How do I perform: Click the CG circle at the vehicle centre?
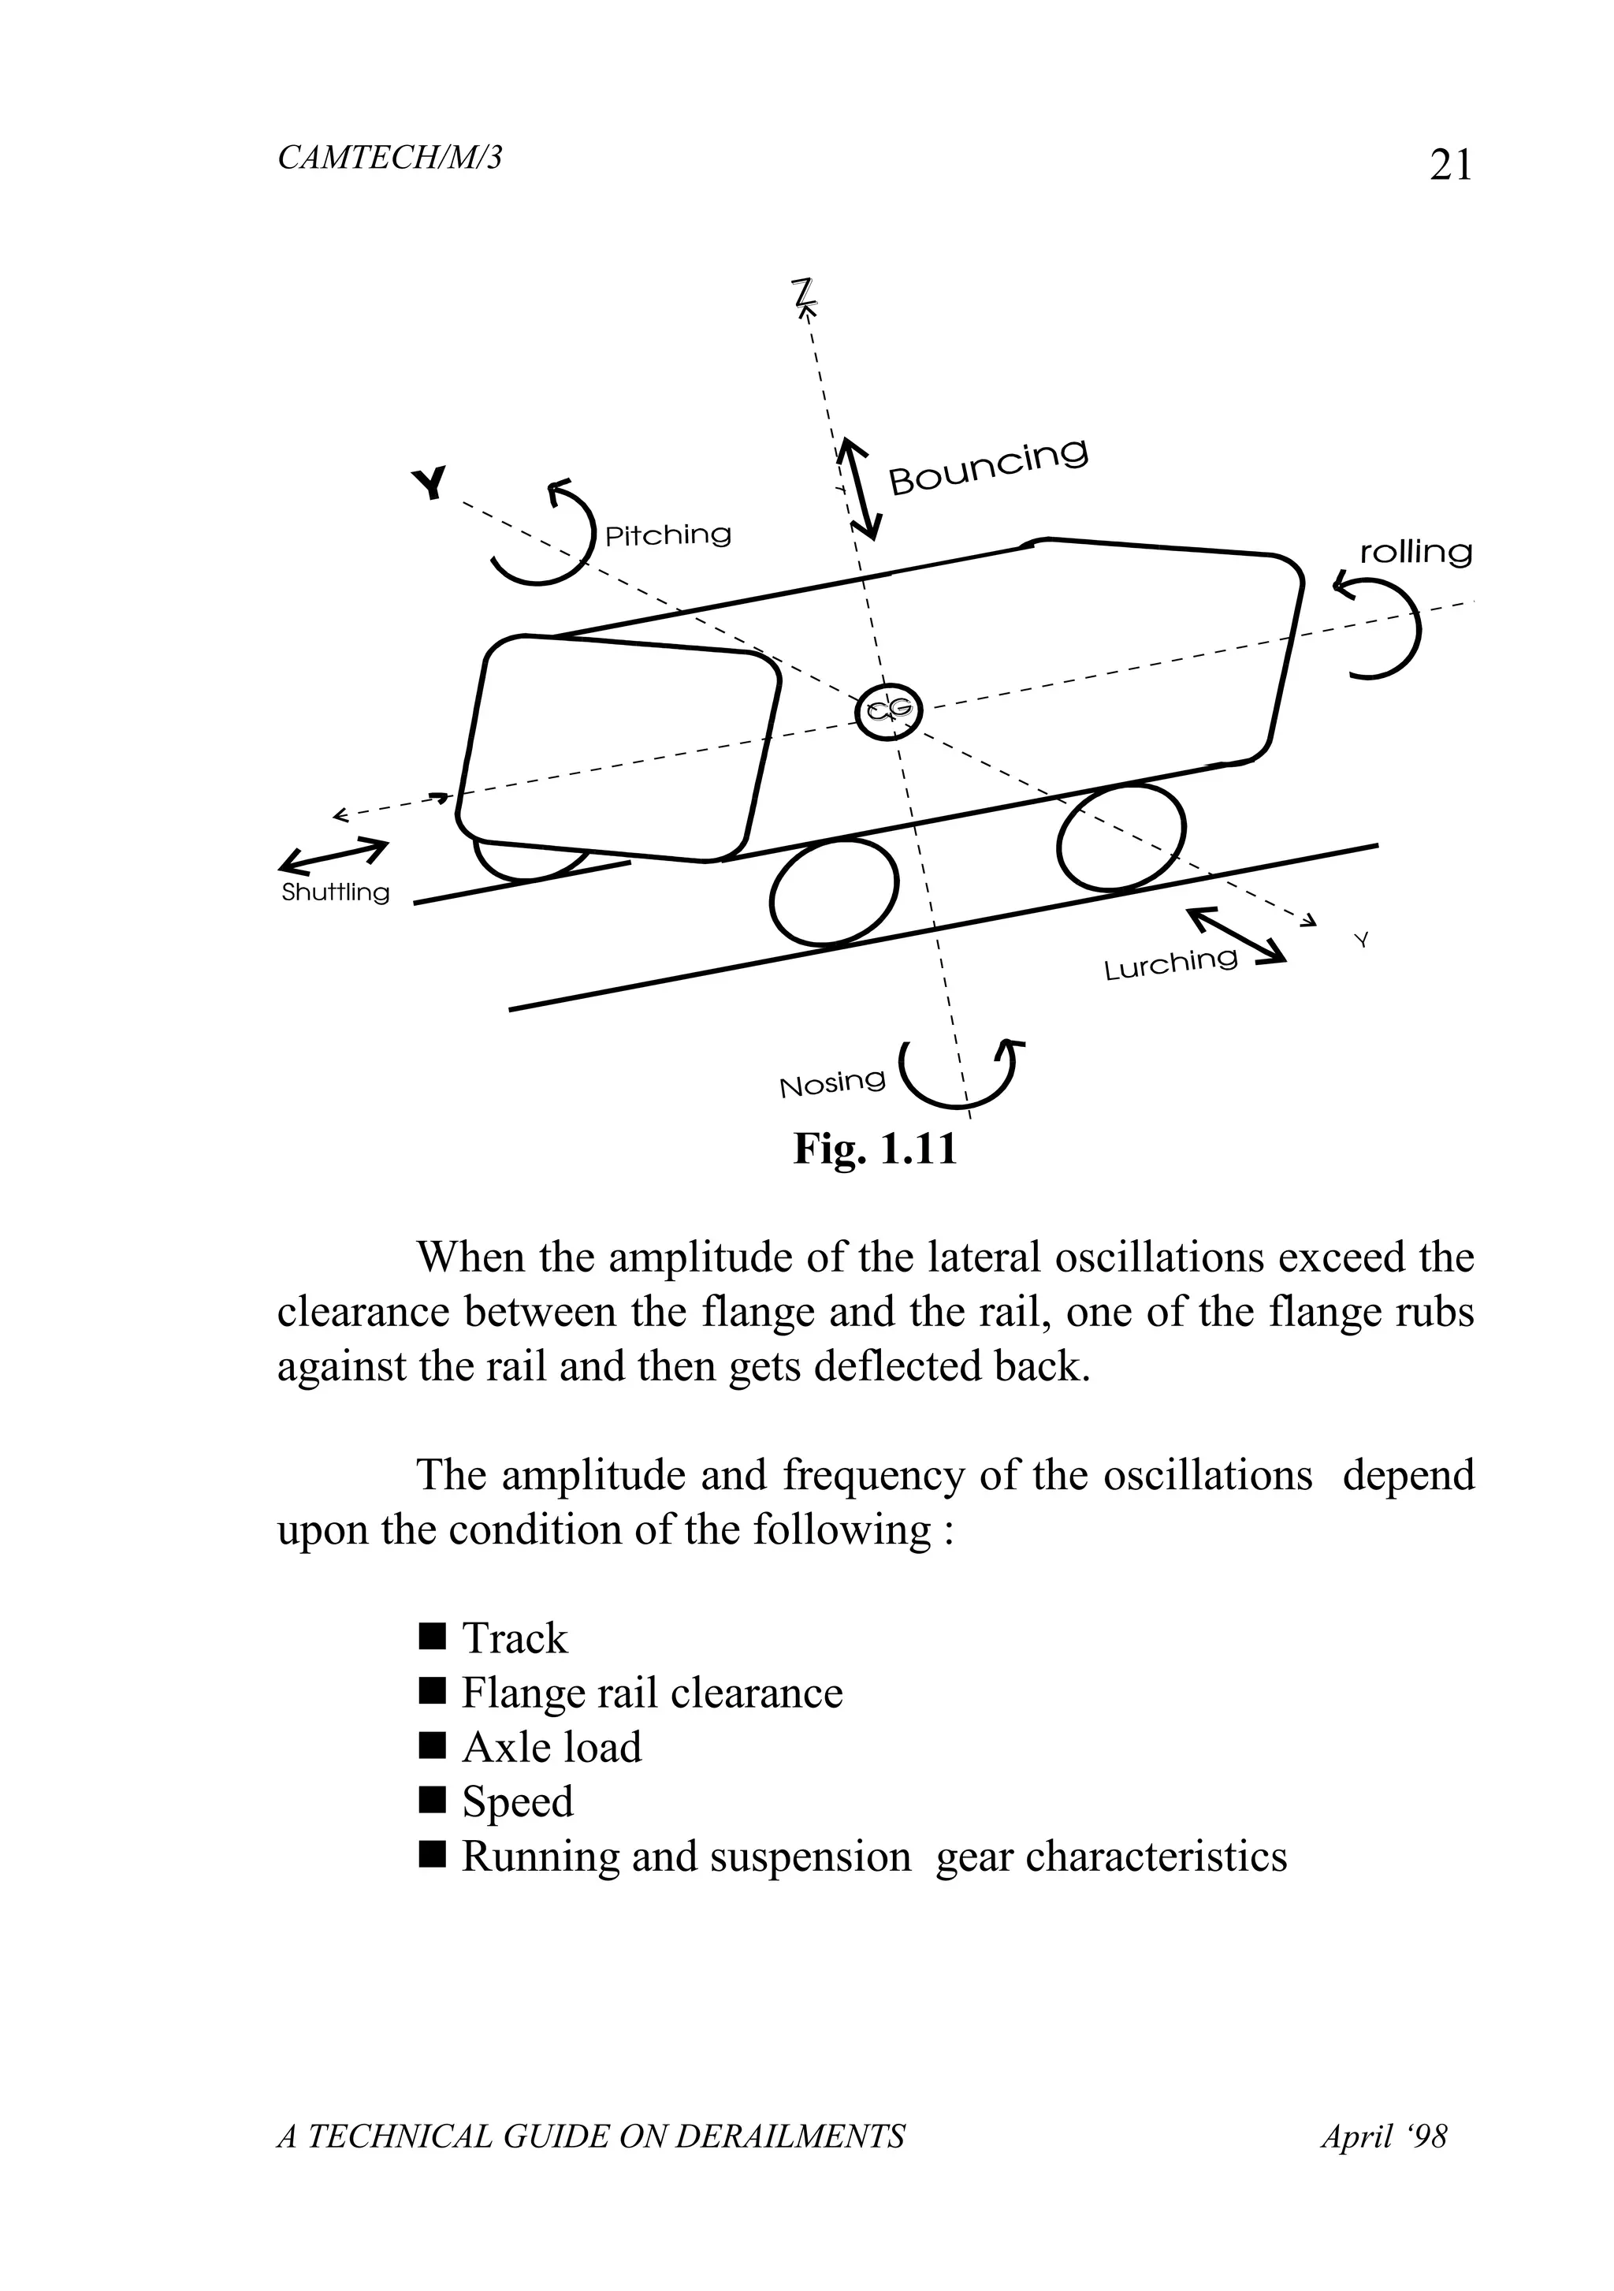point(889,711)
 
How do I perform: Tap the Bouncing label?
point(987,466)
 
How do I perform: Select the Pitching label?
point(668,536)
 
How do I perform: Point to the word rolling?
point(1415,552)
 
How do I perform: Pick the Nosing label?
point(832,1082)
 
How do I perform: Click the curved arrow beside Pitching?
point(544,534)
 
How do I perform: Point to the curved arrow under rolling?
point(1382,627)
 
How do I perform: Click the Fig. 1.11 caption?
point(875,1149)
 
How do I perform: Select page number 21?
point(1450,165)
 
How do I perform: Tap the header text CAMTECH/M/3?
point(390,158)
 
